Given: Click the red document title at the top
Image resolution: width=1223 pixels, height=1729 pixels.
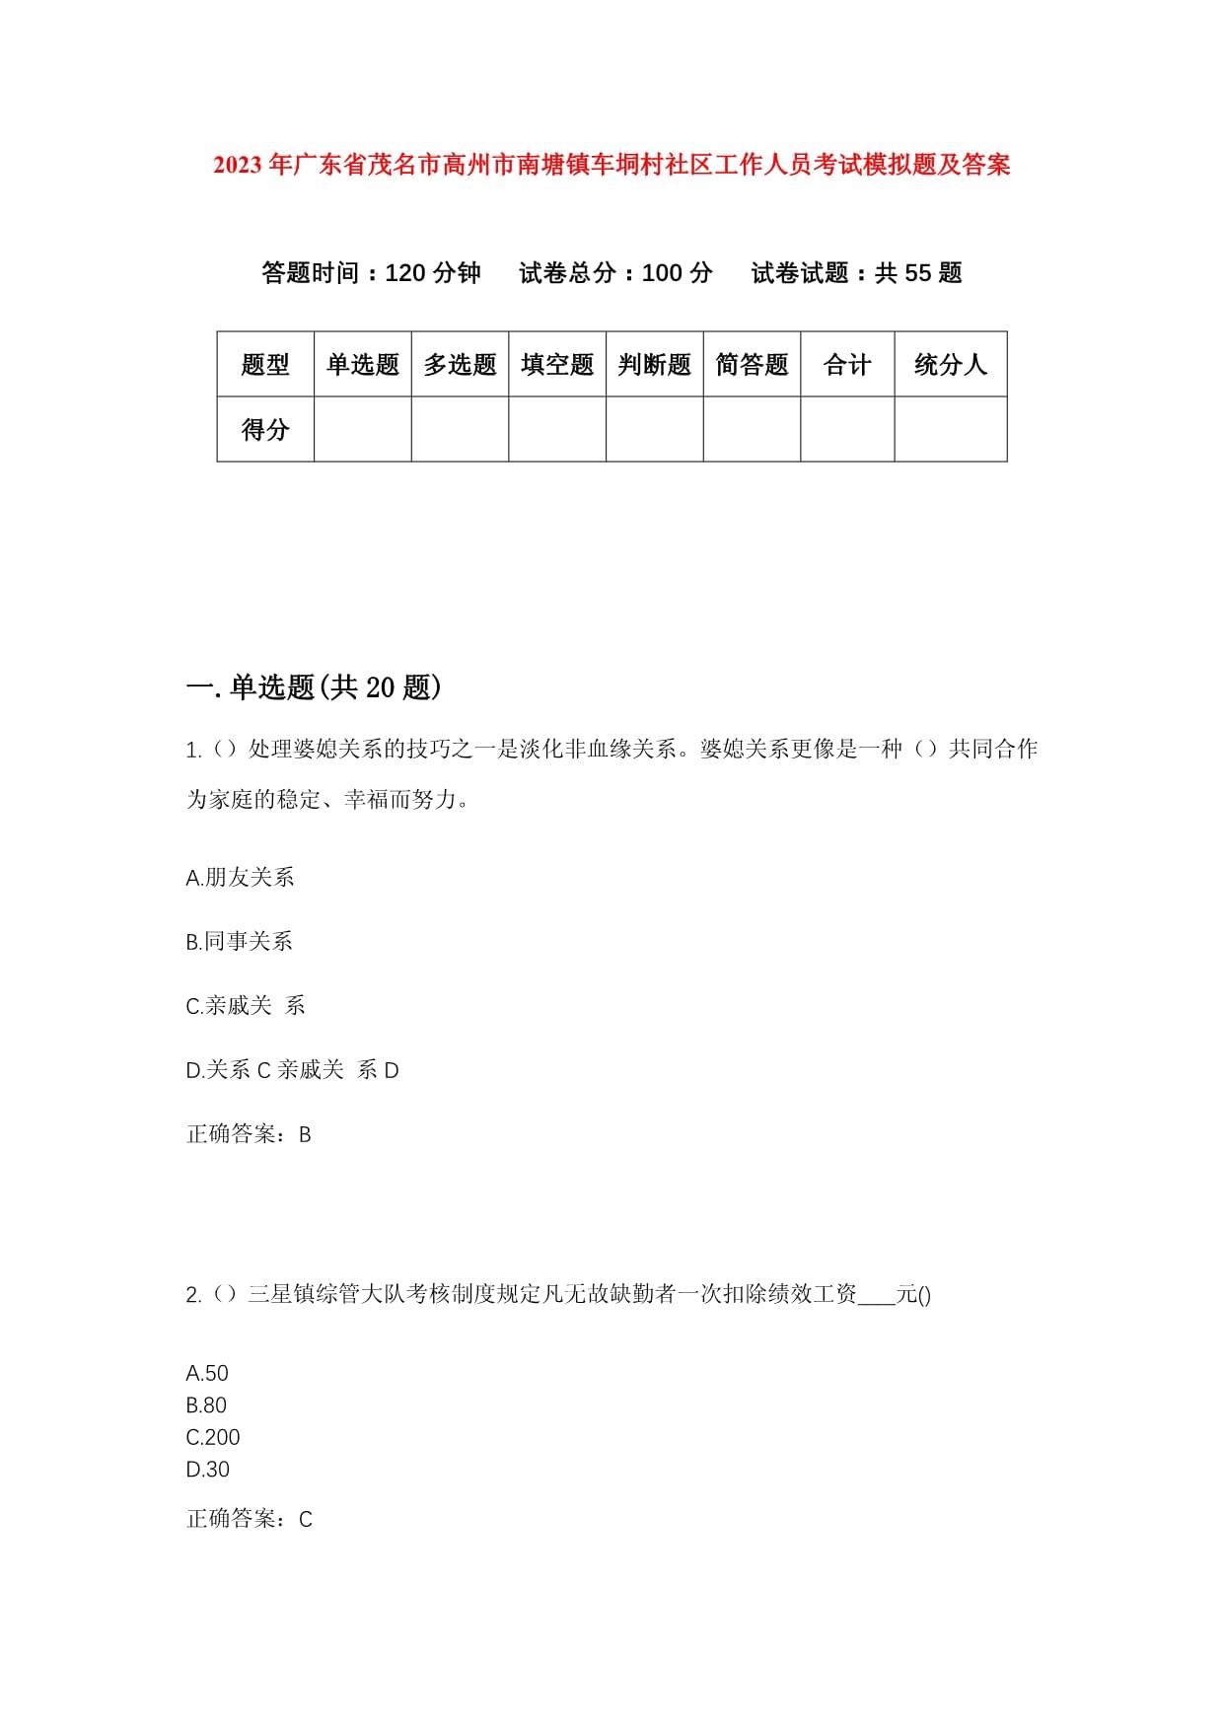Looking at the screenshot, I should (x=611, y=165).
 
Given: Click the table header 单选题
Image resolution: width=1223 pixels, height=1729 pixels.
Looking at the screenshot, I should (x=362, y=365).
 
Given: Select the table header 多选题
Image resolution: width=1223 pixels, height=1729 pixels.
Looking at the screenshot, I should (x=460, y=365).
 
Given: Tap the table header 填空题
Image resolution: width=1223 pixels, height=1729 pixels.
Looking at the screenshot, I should (x=557, y=365).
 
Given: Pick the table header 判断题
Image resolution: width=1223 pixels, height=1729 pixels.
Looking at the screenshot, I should (x=654, y=365).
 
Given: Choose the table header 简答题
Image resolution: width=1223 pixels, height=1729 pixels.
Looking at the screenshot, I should (x=752, y=365).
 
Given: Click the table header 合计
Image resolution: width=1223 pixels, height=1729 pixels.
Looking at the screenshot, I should (x=847, y=365).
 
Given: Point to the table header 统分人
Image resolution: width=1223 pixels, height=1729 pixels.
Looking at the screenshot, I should (x=950, y=365).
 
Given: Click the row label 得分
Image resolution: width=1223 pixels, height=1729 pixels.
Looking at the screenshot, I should (x=265, y=429).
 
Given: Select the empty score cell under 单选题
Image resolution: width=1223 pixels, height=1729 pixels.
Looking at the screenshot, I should (x=362, y=429).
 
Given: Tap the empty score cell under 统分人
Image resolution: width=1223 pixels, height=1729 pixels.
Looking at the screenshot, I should (x=950, y=429).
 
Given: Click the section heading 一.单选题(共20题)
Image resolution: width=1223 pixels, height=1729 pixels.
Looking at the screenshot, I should (x=314, y=687).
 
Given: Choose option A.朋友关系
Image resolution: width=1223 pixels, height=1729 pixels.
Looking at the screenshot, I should (x=240, y=877).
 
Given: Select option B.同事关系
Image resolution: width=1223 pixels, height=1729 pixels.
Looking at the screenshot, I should (x=239, y=941).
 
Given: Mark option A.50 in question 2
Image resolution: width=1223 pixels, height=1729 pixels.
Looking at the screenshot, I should (x=207, y=1373).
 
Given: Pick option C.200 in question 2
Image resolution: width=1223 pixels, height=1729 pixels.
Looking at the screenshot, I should (x=213, y=1437).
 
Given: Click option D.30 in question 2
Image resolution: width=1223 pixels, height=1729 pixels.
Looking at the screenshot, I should (x=207, y=1469).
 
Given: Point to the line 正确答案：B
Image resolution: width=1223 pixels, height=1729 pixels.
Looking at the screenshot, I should (x=249, y=1134).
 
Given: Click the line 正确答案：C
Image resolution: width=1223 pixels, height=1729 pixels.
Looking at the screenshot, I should (x=249, y=1519).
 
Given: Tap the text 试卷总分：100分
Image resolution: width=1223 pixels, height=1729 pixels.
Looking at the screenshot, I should (x=615, y=273).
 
